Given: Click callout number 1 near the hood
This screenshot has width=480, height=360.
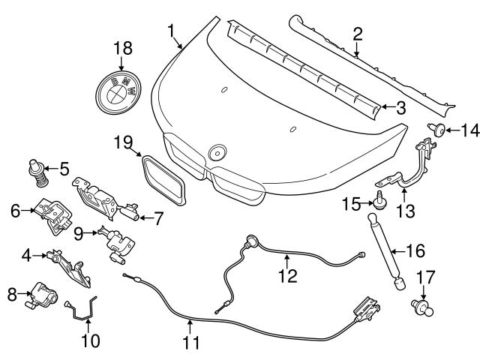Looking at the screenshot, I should (x=172, y=31).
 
